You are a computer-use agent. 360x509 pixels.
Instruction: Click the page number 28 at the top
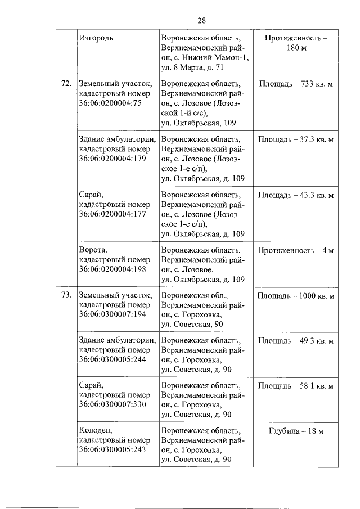click(202, 21)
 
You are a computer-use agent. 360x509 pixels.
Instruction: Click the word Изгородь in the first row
click(96, 38)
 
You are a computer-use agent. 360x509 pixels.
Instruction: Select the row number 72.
click(66, 84)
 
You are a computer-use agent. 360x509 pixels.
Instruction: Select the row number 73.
click(66, 295)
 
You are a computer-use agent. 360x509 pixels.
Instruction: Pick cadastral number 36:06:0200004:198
click(112, 269)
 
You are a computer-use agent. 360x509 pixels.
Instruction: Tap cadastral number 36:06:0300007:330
click(112, 405)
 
